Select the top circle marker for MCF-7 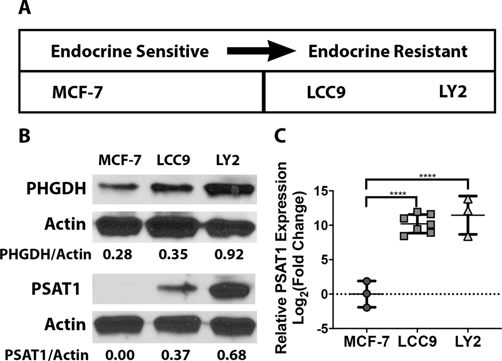click(x=367, y=281)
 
